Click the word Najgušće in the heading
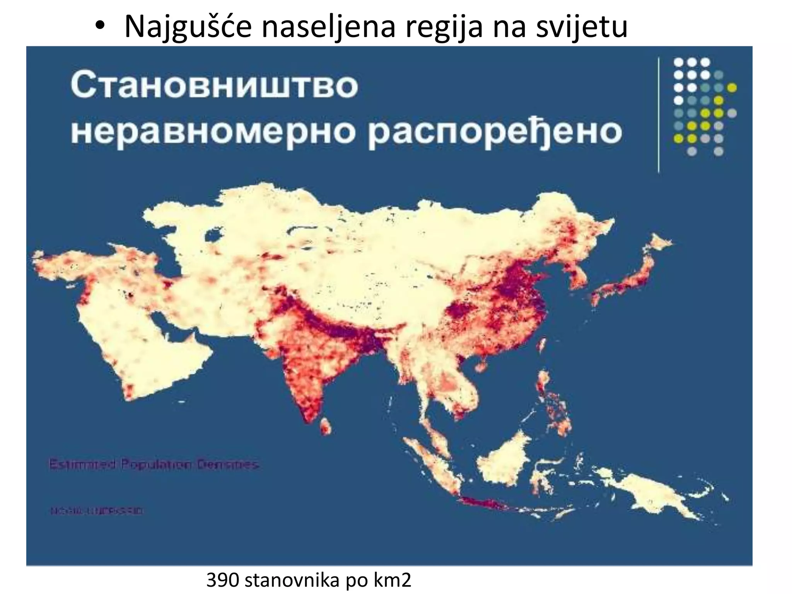click(188, 27)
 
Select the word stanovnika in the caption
click(292, 580)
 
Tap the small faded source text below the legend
click(96, 511)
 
